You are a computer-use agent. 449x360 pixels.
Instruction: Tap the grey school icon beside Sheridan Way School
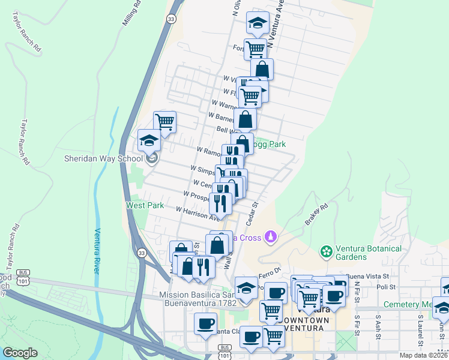tap(152, 158)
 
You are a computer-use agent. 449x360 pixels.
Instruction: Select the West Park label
tap(145, 205)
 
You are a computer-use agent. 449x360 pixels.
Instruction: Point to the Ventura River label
tap(97, 251)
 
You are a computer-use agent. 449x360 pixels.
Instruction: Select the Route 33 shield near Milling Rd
tap(172, 19)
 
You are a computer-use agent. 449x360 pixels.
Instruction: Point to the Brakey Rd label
tap(316, 214)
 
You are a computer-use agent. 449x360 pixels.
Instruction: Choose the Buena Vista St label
tap(368, 277)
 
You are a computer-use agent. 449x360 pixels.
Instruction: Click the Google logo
tap(20, 353)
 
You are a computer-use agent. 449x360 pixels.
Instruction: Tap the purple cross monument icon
tap(271, 237)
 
